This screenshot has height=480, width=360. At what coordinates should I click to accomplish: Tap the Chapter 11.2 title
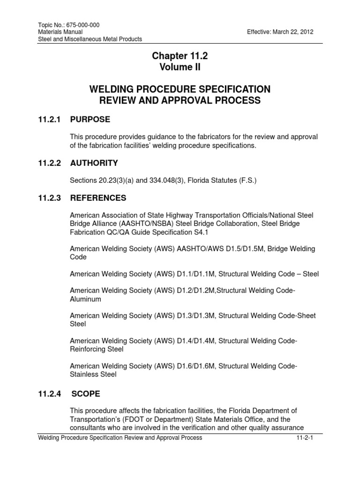180,56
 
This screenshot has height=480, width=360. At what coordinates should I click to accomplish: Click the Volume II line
180,67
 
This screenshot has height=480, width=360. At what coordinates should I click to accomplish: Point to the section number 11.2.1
50,120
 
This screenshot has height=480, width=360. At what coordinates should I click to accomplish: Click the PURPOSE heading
90,120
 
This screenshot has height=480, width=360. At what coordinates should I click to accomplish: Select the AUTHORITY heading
94,163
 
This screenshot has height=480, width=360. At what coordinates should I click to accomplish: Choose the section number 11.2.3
50,198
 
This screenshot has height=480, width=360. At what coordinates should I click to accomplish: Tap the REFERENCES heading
98,198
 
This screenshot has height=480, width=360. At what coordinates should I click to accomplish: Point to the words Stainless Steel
93,375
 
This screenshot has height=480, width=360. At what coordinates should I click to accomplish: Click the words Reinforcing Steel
96,349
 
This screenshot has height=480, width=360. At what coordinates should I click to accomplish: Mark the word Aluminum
85,299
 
